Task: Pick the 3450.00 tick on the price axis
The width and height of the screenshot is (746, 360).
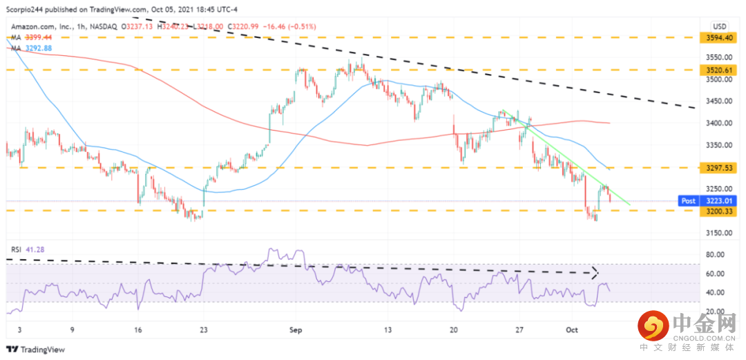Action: [719, 101]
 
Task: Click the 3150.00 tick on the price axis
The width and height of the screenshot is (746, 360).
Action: [719, 232]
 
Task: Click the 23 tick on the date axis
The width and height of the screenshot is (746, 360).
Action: [204, 331]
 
